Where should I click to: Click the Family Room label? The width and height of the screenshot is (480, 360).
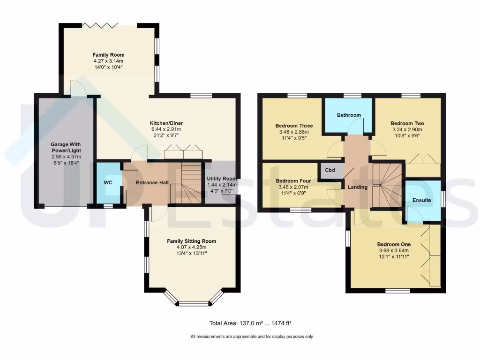click(108, 55)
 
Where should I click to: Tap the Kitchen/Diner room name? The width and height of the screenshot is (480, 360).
click(166, 123)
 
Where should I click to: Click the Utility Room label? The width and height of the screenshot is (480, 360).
click(222, 179)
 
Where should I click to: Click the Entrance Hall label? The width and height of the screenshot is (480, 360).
click(152, 183)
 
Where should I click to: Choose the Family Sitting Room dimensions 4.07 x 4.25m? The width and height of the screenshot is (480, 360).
click(192, 247)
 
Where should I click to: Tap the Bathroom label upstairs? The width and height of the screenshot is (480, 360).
click(349, 115)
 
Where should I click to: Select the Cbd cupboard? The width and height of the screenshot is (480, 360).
click(330, 170)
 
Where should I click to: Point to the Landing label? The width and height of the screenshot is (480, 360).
click(357, 187)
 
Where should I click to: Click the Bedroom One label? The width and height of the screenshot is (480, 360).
click(394, 244)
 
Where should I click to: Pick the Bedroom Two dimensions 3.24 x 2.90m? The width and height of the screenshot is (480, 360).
click(406, 130)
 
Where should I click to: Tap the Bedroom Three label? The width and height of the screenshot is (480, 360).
click(294, 126)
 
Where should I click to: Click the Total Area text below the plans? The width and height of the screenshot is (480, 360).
click(251, 323)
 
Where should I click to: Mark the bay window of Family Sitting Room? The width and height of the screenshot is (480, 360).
click(193, 300)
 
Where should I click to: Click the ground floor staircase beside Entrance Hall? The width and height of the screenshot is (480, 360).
click(187, 183)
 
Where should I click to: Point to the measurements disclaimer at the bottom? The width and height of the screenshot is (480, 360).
click(252, 337)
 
